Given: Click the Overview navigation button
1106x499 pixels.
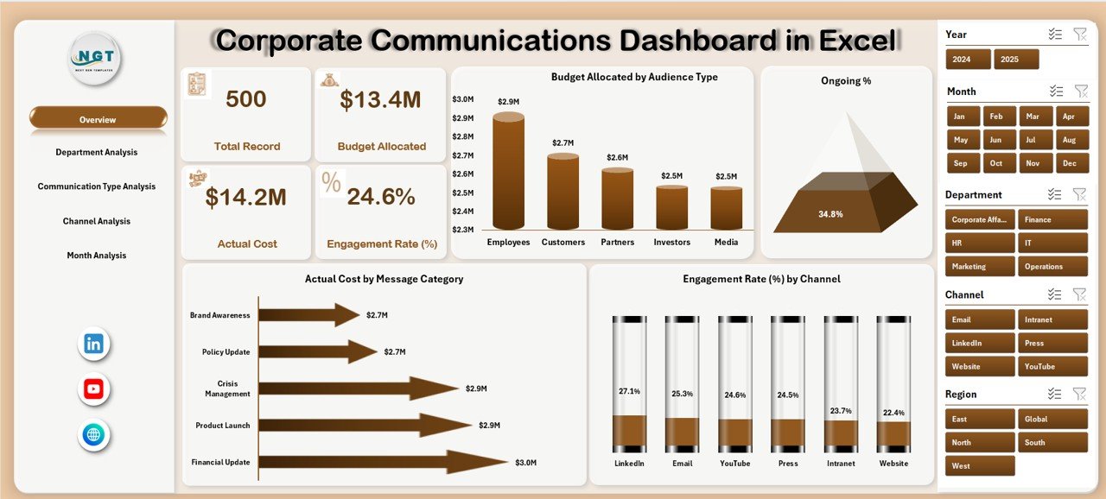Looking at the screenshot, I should click(98, 119).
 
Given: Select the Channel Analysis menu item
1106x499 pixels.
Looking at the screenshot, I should click(97, 221).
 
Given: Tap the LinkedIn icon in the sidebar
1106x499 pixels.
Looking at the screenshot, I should click(93, 344).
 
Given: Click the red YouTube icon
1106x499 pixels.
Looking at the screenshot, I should click(93, 389).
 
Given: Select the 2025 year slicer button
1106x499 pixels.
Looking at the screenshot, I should click(1015, 60).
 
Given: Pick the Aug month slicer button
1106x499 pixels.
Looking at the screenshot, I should click(1069, 140).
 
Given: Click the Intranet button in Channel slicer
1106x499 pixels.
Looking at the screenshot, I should click(1052, 319).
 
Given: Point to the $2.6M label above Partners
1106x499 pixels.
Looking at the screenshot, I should click(617, 157).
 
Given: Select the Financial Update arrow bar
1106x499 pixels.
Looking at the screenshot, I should click(380, 462).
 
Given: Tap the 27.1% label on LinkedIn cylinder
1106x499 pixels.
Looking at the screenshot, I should click(629, 391).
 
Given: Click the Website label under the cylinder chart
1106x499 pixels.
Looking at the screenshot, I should click(893, 464).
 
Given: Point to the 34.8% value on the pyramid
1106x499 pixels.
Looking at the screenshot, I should click(830, 213).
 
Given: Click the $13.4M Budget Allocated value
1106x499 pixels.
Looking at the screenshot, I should click(380, 100).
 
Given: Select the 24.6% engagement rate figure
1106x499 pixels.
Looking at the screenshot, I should click(381, 197).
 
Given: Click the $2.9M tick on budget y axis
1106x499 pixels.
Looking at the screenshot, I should click(462, 117).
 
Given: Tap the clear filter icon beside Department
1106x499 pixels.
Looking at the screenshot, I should click(1079, 194).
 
